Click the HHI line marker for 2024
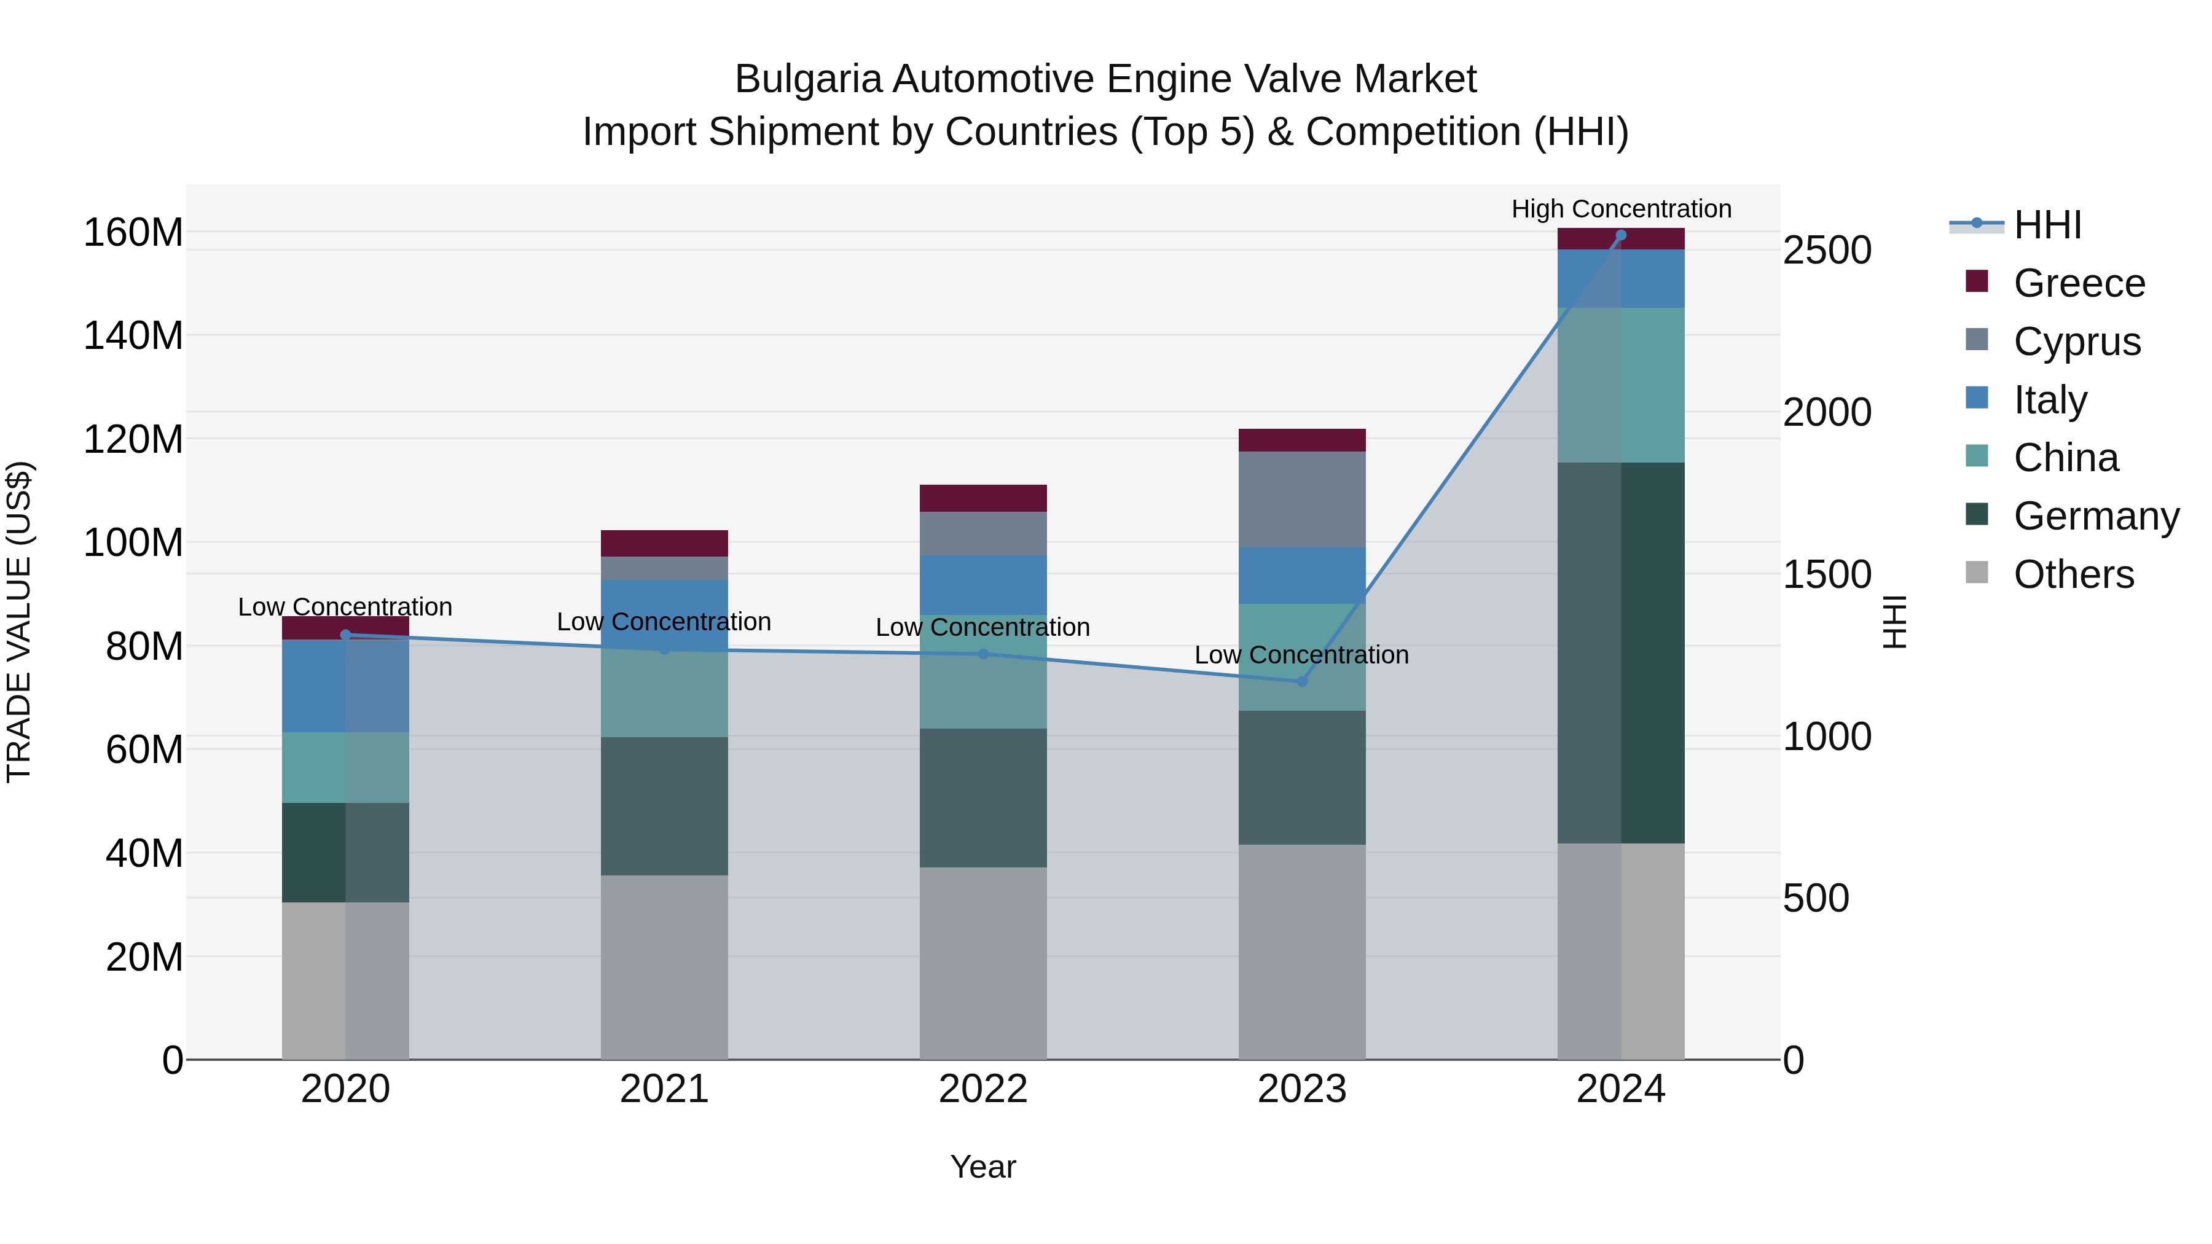click(x=1620, y=235)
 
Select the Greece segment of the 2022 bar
click(x=983, y=498)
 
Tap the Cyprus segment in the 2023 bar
click(x=1302, y=499)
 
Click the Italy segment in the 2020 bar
click(x=345, y=685)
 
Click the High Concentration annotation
click(x=1620, y=209)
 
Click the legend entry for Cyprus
click(x=2076, y=341)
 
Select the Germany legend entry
click(x=2095, y=516)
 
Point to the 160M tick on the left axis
click(x=133, y=233)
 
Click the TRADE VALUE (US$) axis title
click(x=19, y=622)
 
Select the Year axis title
click(x=982, y=1167)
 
